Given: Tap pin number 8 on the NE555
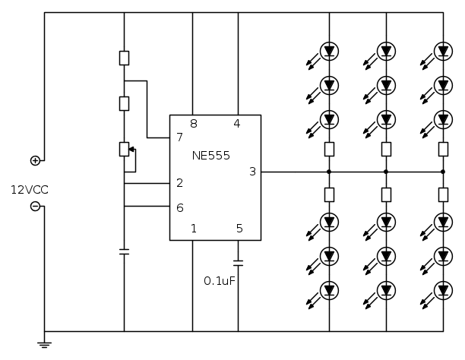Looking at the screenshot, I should [194, 123].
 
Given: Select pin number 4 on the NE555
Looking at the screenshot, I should [237, 123].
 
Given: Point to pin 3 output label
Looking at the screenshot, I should [252, 172].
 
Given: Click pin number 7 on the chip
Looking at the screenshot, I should [179, 137].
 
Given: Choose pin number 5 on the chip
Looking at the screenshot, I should [239, 228].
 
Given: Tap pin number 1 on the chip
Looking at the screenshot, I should [194, 228].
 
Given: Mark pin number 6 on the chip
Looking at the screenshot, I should [179, 207].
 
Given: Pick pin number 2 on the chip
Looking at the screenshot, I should [179, 183].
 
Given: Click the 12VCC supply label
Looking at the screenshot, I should [30, 189].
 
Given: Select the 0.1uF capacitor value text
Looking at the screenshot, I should [220, 280].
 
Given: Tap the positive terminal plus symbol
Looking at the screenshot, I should [35, 160].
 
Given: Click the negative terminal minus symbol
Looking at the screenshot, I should [35, 207].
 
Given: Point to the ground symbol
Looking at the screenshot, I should [44, 344].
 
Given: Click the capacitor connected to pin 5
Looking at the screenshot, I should [238, 263].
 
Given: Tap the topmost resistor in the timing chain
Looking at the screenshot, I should [124, 58].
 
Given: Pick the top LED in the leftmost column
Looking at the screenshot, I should [329, 51].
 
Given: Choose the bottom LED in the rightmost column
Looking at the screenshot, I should [443, 289].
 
